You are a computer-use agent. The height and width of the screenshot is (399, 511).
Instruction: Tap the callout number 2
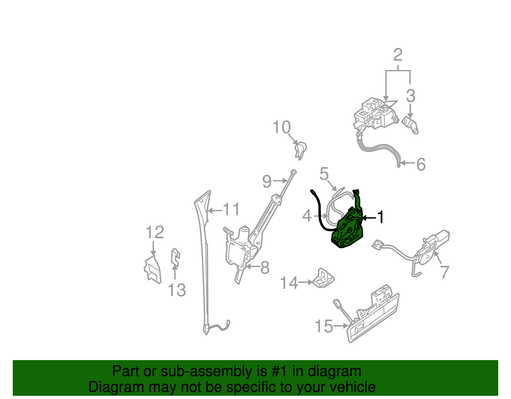click(398, 55)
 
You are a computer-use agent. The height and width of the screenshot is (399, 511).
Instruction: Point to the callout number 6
click(421, 164)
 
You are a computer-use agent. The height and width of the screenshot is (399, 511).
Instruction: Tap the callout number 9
click(267, 181)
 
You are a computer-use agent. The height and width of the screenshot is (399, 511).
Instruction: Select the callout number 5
click(324, 174)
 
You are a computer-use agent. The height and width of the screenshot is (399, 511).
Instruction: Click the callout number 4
click(307, 216)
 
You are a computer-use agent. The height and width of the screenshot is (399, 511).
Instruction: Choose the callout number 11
click(231, 210)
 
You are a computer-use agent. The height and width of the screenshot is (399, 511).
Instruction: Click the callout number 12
click(155, 232)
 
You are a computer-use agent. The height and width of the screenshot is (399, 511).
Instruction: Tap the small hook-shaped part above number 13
click(175, 257)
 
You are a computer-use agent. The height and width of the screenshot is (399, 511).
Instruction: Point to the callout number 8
click(265, 267)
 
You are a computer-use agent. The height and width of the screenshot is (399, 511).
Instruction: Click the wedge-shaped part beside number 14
click(324, 278)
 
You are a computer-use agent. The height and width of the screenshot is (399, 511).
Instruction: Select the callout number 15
click(324, 326)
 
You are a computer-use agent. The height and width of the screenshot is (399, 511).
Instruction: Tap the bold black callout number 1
click(380, 217)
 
